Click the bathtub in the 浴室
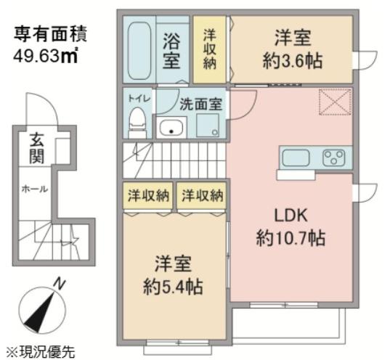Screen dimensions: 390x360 [x=139, y=51]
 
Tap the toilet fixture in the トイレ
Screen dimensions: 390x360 [x=138, y=123]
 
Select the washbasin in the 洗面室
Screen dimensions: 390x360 [x=171, y=127]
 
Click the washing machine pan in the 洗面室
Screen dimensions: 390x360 [x=208, y=126]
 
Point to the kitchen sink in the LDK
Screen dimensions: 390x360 [x=296, y=157]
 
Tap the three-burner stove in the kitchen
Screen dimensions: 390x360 [x=334, y=157]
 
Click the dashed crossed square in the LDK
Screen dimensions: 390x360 [x=335, y=102]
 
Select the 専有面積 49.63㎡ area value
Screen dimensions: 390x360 [x=46, y=57]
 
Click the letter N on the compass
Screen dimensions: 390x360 [x=60, y=284]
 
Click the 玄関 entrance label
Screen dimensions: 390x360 [x=37, y=148]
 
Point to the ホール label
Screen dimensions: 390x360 [x=35, y=189]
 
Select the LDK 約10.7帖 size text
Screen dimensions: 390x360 [x=291, y=238]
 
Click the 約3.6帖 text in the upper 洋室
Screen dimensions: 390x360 [x=293, y=61]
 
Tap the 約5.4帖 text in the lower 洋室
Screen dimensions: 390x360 [x=173, y=287]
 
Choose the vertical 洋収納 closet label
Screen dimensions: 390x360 [x=210, y=49]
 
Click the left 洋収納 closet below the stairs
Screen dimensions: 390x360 [x=147, y=196]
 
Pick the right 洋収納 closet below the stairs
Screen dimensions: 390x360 [x=202, y=196]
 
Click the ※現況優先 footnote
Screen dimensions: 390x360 [x=40, y=351]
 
